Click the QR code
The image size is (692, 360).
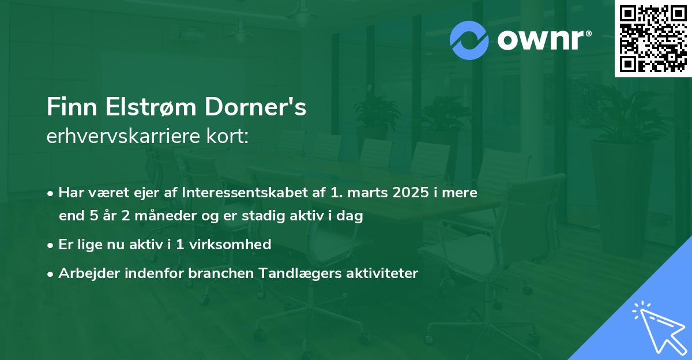click(x=653, y=39)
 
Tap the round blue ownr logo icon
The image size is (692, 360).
click(x=469, y=40)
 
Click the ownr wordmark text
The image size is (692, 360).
click(x=543, y=40)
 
